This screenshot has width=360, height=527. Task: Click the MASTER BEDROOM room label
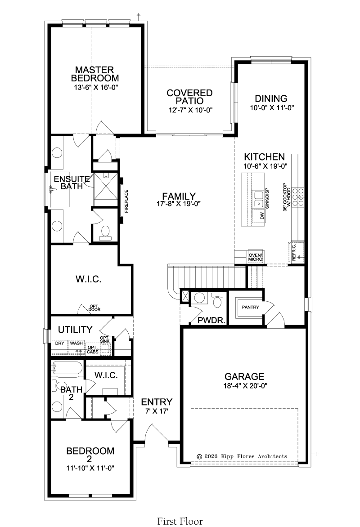pos(95,74)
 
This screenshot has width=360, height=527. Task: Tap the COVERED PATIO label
pos(190,97)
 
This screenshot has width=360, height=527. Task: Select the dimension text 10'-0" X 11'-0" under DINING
pos(272,108)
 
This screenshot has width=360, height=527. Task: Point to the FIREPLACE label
pos(126,201)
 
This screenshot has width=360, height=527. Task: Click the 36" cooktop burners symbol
pos(298,197)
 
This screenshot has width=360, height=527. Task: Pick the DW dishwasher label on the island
pos(262,216)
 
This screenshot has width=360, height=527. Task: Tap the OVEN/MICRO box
pos(256,257)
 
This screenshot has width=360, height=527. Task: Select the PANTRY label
pos(250,307)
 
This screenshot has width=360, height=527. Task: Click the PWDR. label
pos(211,320)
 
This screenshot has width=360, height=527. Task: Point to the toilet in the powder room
pos(217,300)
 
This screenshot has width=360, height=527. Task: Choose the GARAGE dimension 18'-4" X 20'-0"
pos(245,385)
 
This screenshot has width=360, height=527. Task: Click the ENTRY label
pos(157,402)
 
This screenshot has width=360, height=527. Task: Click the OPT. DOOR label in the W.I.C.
pos(94,308)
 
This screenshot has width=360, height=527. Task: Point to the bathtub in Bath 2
pos(66,369)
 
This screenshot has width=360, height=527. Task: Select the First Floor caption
pos(180,521)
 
